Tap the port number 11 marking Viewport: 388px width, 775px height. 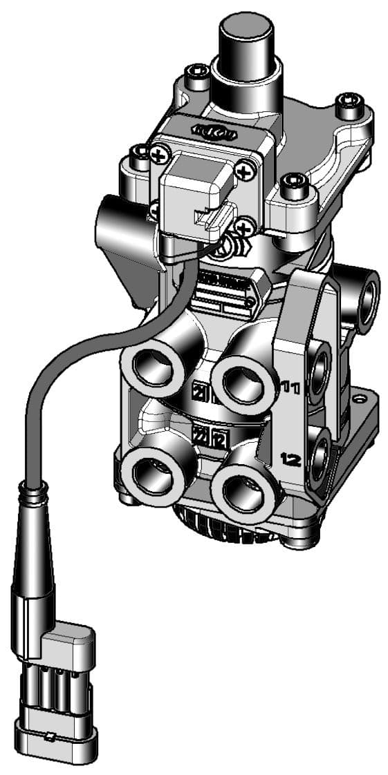tap(290, 387)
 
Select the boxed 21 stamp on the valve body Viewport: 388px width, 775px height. tap(201, 392)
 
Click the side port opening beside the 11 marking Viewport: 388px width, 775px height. tap(320, 374)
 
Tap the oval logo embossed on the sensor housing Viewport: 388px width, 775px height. tap(207, 129)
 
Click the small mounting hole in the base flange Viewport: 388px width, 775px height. tap(360, 400)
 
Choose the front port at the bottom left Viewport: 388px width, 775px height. tap(148, 477)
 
